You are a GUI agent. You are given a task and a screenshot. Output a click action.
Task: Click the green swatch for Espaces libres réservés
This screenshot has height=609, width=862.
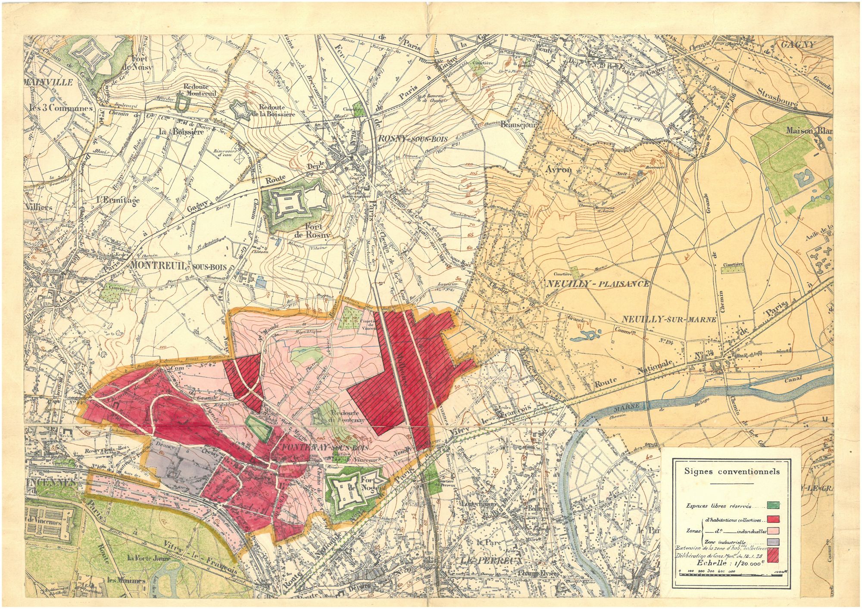pos(773,505)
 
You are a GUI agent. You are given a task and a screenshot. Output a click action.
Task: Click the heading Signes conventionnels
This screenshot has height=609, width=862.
pos(732,471)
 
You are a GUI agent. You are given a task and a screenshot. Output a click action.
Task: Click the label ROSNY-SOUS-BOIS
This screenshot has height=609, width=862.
pos(412,139)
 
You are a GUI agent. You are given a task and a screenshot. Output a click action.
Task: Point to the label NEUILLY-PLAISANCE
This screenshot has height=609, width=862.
pos(597,284)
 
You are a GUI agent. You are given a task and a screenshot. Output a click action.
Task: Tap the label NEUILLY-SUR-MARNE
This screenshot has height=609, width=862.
pos(669,319)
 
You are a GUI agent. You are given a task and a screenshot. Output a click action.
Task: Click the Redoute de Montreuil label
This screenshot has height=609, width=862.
pos(196,88)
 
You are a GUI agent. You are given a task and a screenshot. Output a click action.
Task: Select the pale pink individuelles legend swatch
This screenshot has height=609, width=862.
pos(773,529)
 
